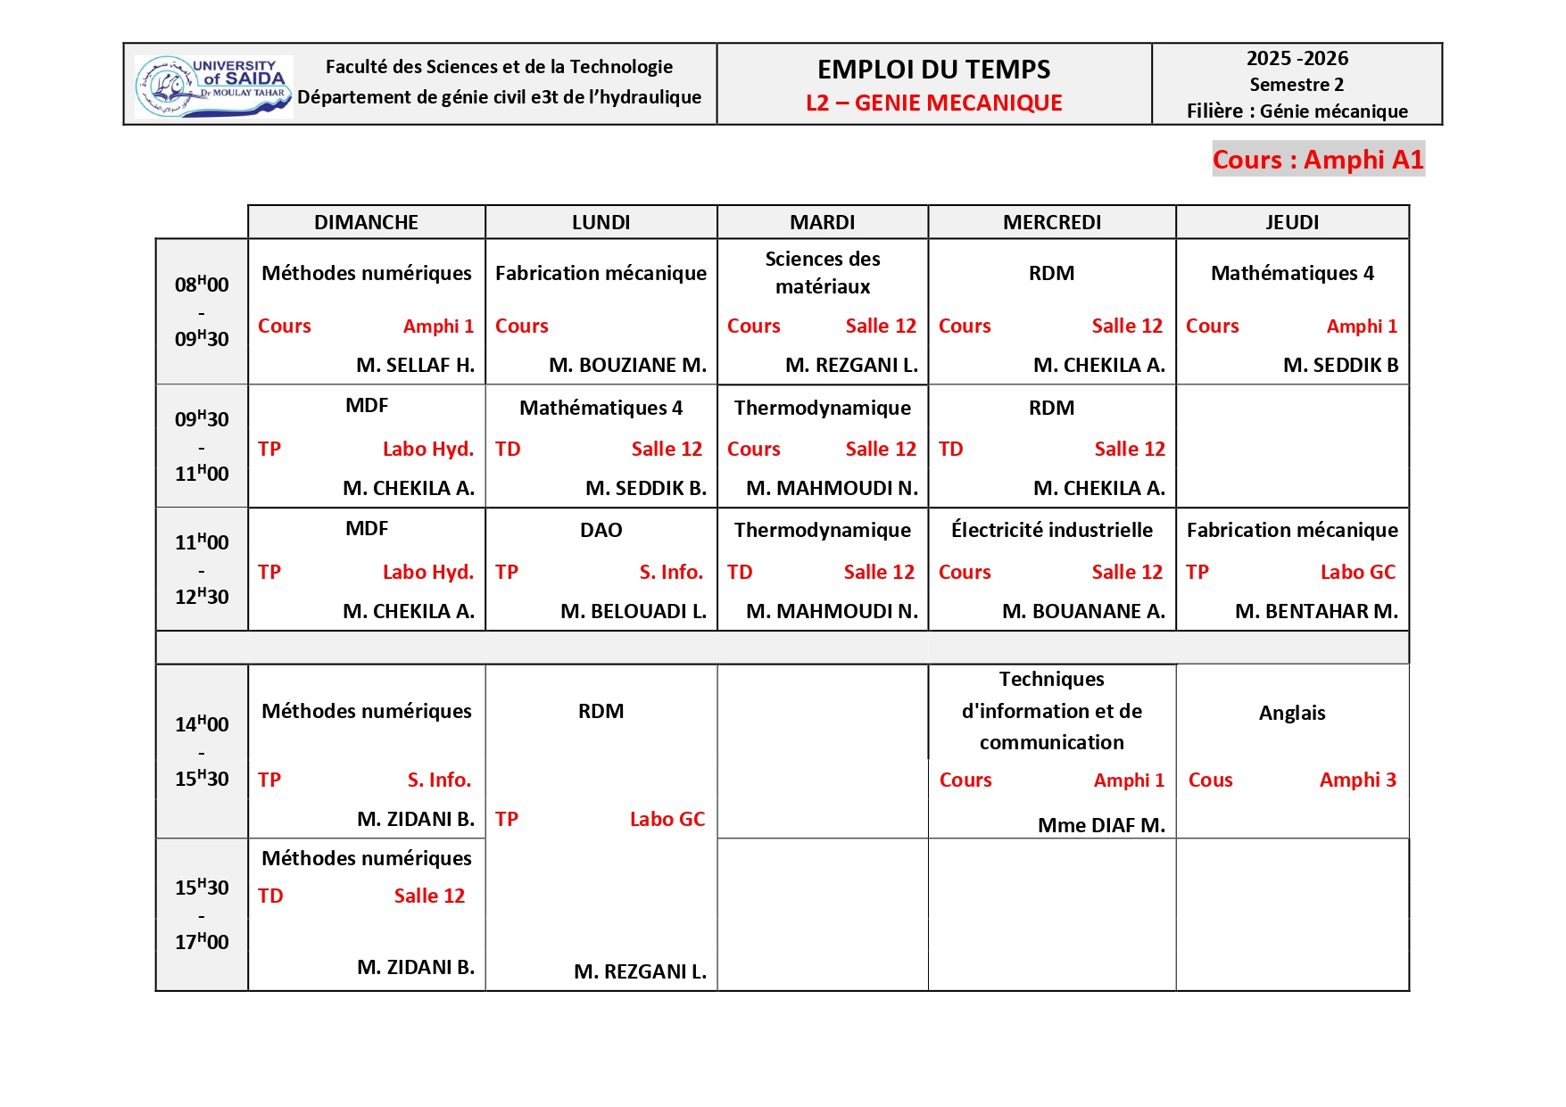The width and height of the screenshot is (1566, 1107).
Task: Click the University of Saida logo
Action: click(213, 87)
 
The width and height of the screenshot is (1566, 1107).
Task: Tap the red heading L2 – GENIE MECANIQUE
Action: click(933, 103)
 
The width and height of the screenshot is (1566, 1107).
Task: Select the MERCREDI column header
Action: click(1052, 222)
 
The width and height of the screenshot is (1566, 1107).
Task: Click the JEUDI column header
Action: click(1291, 222)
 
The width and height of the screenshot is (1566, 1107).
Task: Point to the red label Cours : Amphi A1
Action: click(1317, 160)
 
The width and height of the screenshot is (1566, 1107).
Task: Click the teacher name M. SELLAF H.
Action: click(415, 365)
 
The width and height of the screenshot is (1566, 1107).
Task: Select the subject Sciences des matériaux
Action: click(823, 272)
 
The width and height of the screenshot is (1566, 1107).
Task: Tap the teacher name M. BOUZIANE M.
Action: click(627, 365)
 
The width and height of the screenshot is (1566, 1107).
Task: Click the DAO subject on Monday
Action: click(601, 530)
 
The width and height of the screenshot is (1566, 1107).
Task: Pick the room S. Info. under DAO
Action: click(670, 572)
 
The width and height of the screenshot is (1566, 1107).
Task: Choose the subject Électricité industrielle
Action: click(1051, 530)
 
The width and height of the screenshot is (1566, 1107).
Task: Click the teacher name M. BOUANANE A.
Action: click(1083, 611)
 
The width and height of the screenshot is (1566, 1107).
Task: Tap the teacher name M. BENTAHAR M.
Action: click(1316, 611)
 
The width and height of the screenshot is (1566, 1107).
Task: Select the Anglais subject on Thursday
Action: click(1291, 713)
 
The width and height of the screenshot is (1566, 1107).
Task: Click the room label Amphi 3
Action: click(1357, 780)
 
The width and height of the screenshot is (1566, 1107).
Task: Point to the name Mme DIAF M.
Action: click(1101, 825)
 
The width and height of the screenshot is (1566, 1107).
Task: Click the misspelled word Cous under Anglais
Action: click(1210, 780)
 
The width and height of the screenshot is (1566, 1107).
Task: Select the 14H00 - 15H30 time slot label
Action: click(202, 751)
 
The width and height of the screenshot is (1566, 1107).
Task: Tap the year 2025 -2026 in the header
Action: click(1297, 59)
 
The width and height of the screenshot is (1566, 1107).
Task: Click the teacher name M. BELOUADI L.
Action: click(633, 611)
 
